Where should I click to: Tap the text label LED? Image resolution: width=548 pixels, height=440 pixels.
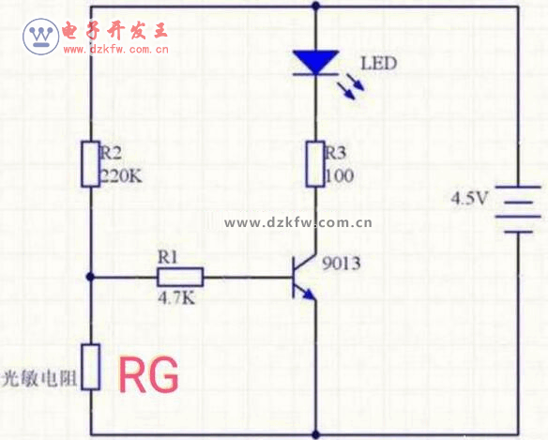coord(378,64)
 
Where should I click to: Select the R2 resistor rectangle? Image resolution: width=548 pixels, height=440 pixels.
coord(90,164)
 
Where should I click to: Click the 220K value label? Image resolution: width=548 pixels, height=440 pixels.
coord(121,175)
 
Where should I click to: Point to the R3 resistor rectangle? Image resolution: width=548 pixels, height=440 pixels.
coord(315,164)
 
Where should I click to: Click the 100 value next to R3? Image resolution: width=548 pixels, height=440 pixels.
coord(340,175)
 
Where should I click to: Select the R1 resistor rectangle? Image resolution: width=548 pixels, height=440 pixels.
coord(180,277)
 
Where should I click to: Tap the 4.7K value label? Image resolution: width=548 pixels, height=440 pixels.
coord(176,298)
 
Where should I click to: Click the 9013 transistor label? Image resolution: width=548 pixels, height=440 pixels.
coord(342,264)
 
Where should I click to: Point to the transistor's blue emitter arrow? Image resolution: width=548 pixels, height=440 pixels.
coord(309,295)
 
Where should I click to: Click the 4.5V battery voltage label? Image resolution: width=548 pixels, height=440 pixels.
coord(469,198)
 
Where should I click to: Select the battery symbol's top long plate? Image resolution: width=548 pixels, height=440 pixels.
coord(518,187)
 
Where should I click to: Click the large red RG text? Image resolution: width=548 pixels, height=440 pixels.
coord(149,374)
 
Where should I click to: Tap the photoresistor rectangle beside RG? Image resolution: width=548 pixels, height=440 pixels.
coord(90,367)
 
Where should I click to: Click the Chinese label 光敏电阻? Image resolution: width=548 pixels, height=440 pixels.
coord(39,378)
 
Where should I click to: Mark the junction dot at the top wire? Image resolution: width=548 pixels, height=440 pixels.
coord(315,6)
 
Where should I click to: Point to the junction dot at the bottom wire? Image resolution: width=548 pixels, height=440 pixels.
coord(315,434)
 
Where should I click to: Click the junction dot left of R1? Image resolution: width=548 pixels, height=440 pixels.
coord(90,277)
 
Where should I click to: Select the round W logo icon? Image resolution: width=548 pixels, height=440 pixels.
coord(41,37)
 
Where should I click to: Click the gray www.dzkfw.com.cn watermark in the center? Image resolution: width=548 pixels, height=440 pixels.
coord(298,222)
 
